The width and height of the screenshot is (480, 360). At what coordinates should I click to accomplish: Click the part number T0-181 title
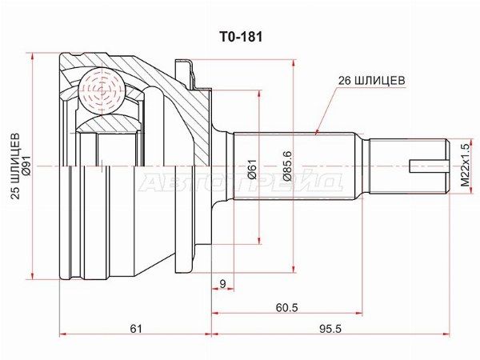pyautogui.click(x=240, y=37)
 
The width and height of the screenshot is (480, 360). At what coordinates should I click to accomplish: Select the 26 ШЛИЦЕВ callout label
pyautogui.click(x=371, y=81)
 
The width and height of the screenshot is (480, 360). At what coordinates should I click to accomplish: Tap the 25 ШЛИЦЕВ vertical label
pyautogui.click(x=15, y=166)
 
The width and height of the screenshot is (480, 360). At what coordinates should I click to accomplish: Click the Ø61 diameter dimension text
pyautogui.click(x=253, y=169)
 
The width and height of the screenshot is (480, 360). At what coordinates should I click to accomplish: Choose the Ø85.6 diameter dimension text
pyautogui.click(x=287, y=166)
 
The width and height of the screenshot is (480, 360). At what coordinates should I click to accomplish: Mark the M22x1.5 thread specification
pyautogui.click(x=465, y=166)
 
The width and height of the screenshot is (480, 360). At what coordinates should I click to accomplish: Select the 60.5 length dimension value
pyautogui.click(x=286, y=307)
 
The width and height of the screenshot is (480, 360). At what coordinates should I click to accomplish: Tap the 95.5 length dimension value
pyautogui.click(x=330, y=329)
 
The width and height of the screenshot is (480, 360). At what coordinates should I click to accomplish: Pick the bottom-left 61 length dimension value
pyautogui.click(x=136, y=329)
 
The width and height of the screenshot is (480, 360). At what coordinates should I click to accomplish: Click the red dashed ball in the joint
pyautogui.click(x=102, y=91)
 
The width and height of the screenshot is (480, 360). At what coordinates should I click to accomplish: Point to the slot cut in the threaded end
pyautogui.click(x=428, y=166)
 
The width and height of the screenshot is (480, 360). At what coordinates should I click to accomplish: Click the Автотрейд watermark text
pyautogui.click(x=240, y=182)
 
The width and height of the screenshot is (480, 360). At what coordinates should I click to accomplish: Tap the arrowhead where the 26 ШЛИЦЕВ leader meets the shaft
pyautogui.click(x=317, y=132)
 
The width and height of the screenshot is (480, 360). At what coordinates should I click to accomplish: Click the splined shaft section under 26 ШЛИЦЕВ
pyautogui.click(x=294, y=166)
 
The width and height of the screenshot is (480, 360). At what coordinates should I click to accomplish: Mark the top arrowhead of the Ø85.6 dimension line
pyautogui.click(x=294, y=63)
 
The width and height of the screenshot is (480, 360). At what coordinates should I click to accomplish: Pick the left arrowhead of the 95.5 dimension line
pyautogui.click(x=215, y=334)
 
